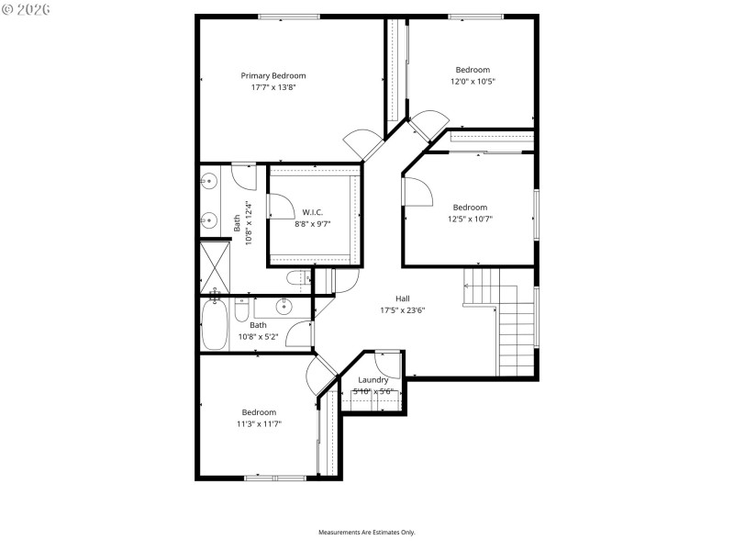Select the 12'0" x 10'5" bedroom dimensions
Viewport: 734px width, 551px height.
(473, 82)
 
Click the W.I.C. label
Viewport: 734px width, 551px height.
(312, 212)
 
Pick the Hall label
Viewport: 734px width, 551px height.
(403, 298)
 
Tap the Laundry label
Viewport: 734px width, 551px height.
(373, 379)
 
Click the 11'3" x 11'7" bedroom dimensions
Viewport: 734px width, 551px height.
(259, 424)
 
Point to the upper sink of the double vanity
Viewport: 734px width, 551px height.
(209, 180)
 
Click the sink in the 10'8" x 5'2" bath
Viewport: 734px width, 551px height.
(284, 306)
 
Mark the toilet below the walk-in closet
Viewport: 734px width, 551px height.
(297, 278)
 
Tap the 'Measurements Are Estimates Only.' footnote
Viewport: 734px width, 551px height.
(367, 533)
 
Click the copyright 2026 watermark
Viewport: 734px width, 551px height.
(27, 9)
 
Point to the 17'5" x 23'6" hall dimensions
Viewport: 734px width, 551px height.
(403, 310)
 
